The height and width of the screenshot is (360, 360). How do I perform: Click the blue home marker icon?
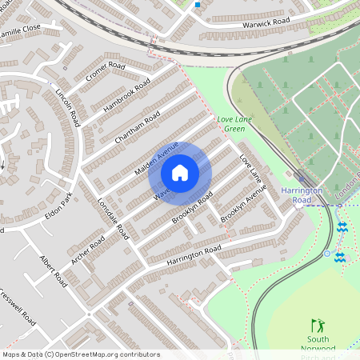click(180, 173)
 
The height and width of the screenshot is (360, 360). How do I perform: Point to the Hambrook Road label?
click(126, 95)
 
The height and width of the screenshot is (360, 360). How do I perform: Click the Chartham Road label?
click(138, 127)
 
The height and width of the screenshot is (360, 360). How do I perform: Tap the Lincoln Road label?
click(69, 108)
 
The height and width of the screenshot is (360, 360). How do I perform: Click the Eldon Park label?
click(58, 206)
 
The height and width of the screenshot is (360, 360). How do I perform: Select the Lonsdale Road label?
click(114, 218)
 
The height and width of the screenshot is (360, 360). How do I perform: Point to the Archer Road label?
click(88, 245)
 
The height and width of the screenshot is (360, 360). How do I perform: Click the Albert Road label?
click(54, 272)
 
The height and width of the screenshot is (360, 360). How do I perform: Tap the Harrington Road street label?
click(193, 255)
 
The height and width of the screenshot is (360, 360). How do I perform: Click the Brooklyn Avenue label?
click(243, 206)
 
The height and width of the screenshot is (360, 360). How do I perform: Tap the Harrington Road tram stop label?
click(302, 196)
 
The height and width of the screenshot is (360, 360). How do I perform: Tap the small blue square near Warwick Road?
click(197, 5)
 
